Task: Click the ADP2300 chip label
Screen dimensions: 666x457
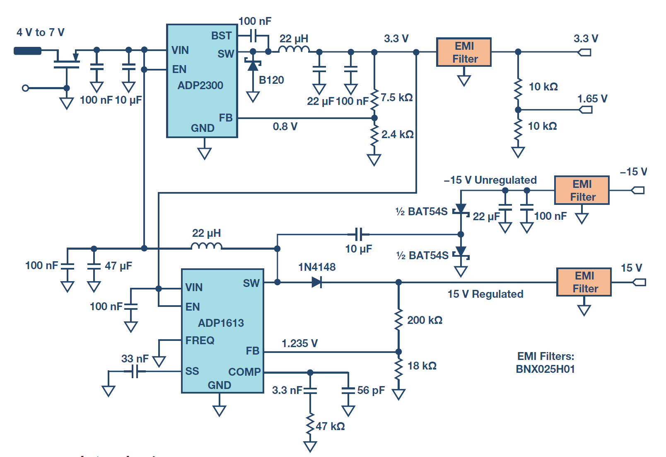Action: [200, 85]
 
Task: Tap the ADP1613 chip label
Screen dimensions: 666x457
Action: [221, 323]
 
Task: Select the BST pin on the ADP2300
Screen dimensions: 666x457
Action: [221, 36]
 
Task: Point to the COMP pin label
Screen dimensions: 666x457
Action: [244, 372]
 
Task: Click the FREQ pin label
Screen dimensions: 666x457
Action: [200, 340]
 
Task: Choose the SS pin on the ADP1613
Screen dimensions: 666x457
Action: [192, 371]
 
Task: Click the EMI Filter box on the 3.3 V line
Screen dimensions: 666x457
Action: [464, 52]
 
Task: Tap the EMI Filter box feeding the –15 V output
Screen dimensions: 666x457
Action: [582, 190]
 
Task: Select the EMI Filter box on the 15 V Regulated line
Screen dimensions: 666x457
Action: [584, 282]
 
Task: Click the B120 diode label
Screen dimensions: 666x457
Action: [271, 80]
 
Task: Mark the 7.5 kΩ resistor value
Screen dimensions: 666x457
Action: [397, 97]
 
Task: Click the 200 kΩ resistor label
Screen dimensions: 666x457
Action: [425, 320]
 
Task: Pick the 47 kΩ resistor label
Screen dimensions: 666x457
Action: [331, 426]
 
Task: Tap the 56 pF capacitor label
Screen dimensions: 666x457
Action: [371, 390]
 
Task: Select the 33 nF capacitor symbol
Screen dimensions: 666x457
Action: [135, 371]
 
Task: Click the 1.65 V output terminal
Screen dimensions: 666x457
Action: [586, 110]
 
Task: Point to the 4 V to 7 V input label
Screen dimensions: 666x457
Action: [41, 32]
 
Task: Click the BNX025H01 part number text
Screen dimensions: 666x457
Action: [545, 369]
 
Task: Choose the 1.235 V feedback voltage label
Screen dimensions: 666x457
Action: [300, 343]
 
